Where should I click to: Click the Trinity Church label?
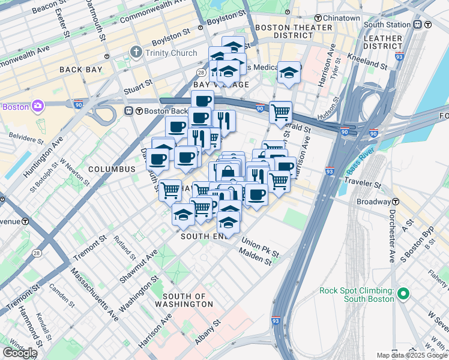170,53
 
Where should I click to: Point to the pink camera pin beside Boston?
38,106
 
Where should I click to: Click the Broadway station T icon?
397,202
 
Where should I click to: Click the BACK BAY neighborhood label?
81,70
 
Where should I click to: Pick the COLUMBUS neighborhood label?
112,169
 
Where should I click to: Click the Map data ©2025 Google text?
411,355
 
